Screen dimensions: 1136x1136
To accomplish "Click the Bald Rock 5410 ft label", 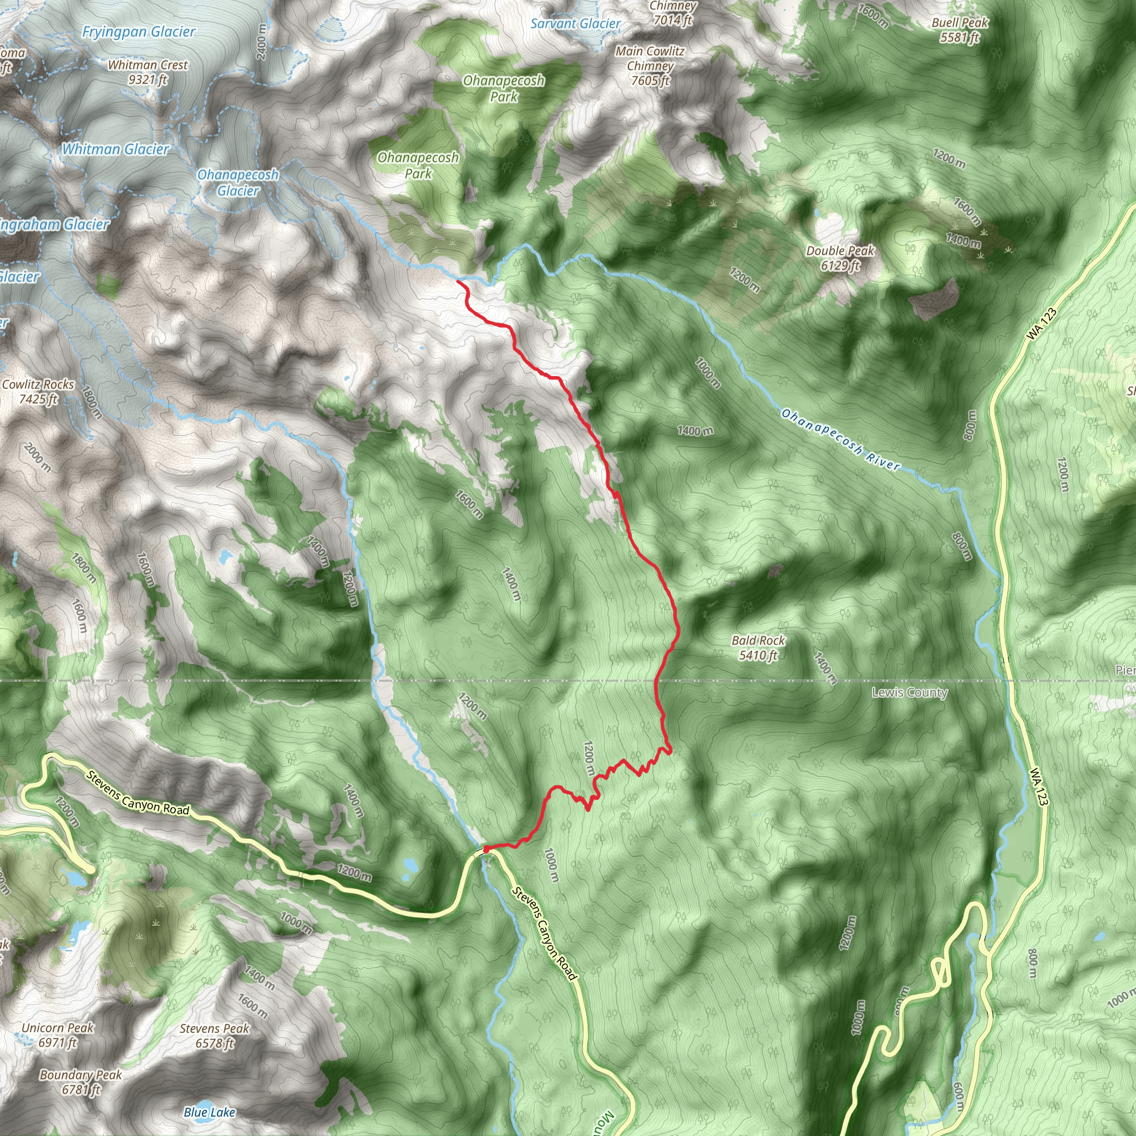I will click(758, 647).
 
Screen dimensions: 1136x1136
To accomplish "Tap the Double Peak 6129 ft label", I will click(840, 258).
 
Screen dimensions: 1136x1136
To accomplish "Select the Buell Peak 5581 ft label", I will click(960, 30).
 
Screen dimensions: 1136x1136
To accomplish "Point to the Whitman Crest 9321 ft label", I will click(148, 72).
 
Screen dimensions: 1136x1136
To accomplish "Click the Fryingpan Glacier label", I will click(139, 32).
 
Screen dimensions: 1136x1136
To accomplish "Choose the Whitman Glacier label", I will click(116, 149).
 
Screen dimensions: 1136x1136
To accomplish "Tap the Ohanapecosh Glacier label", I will click(237, 182).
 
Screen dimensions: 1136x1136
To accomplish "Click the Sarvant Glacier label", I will click(575, 24).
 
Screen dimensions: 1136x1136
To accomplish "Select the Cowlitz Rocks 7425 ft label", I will click(38, 392).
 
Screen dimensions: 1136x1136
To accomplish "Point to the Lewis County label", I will click(909, 692).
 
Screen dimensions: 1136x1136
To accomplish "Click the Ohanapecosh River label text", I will click(840, 440).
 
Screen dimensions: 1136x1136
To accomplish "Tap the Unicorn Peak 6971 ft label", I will click(58, 1035).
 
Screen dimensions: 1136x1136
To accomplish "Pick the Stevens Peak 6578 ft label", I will click(215, 1036).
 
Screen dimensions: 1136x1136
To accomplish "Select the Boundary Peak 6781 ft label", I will click(81, 1082).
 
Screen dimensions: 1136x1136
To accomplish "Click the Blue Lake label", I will click(209, 1112).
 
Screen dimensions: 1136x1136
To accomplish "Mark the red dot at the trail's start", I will click(487, 849).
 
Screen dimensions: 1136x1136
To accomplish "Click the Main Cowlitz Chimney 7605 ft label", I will click(650, 66).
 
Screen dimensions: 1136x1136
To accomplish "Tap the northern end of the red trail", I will click(458, 282).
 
